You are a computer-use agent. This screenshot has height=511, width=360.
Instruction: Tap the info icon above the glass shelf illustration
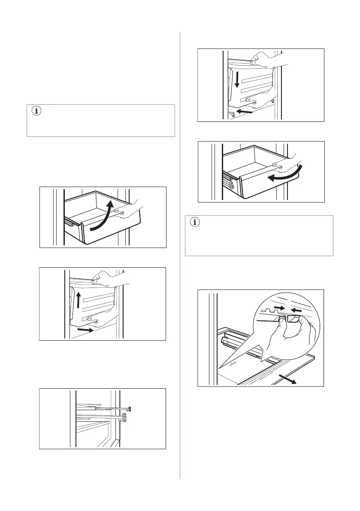tap(195, 222)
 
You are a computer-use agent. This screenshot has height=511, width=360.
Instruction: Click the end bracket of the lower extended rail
tap(124, 417)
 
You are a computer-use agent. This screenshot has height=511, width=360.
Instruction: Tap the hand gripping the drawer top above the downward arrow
tap(260, 58)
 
